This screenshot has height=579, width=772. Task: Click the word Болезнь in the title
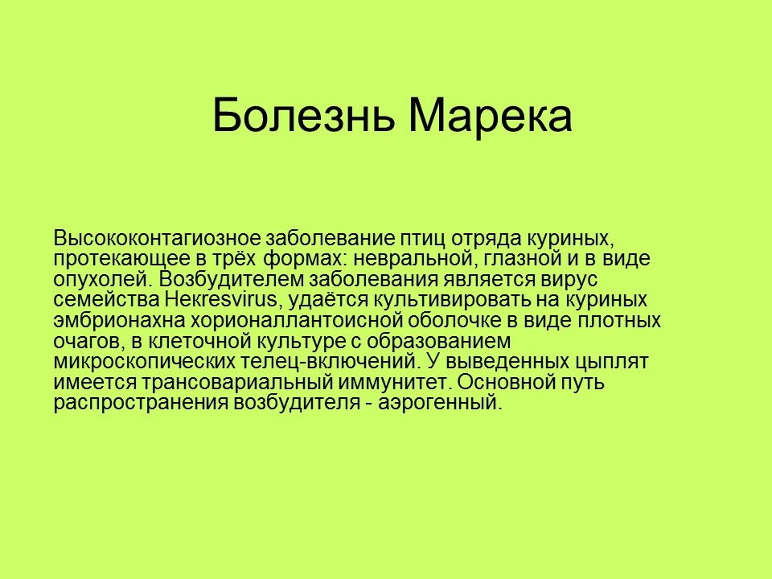(x=305, y=116)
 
